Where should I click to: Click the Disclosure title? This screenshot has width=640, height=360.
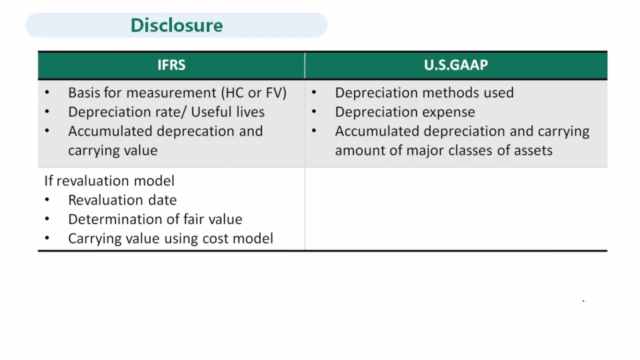point(177,25)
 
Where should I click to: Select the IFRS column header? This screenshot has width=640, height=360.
point(171,65)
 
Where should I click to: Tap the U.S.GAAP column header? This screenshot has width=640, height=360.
point(456,65)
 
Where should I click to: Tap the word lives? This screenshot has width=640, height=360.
point(250,112)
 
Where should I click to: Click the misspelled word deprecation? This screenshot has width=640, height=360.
point(195,132)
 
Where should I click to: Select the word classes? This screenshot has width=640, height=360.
point(470,150)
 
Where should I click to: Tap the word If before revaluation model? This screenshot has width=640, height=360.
point(48,180)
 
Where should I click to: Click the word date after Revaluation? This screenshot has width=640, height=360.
point(162,200)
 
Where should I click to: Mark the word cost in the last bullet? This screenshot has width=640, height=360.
point(215,239)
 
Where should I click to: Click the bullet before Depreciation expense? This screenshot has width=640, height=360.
point(314,111)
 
